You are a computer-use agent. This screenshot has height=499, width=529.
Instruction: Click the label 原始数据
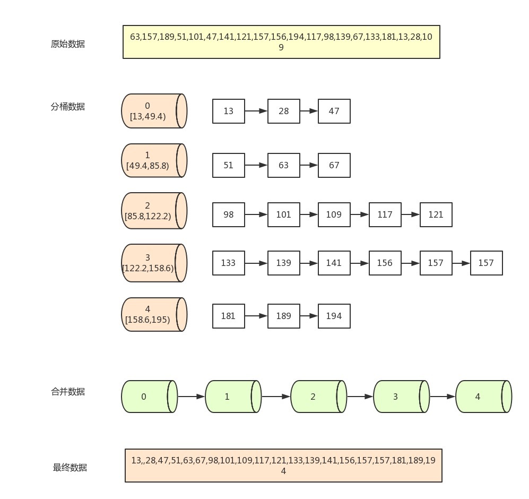click(x=67, y=44)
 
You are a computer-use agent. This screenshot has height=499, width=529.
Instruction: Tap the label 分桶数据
click(x=67, y=107)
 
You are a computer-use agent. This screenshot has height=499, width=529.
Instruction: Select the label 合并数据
click(x=67, y=392)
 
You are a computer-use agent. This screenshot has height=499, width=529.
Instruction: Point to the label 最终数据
click(x=70, y=468)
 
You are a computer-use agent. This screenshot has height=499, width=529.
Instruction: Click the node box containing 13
click(x=229, y=111)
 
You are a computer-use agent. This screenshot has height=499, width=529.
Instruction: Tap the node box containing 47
click(x=334, y=111)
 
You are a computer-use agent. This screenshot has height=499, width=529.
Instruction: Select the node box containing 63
click(x=284, y=165)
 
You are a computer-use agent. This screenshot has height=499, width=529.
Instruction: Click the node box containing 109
click(x=334, y=214)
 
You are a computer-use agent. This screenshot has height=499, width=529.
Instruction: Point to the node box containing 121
click(x=436, y=214)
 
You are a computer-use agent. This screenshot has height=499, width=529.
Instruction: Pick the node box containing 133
click(x=229, y=263)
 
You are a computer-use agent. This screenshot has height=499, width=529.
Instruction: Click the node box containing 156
click(x=385, y=263)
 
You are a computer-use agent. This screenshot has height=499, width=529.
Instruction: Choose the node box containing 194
click(x=334, y=316)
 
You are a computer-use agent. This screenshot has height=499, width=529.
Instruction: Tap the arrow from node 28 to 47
click(x=309, y=111)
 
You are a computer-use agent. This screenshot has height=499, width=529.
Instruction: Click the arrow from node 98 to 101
click(x=256, y=214)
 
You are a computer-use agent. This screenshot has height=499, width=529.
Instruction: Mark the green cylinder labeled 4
click(x=482, y=397)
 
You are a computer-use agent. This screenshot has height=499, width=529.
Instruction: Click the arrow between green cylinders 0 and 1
click(x=191, y=397)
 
